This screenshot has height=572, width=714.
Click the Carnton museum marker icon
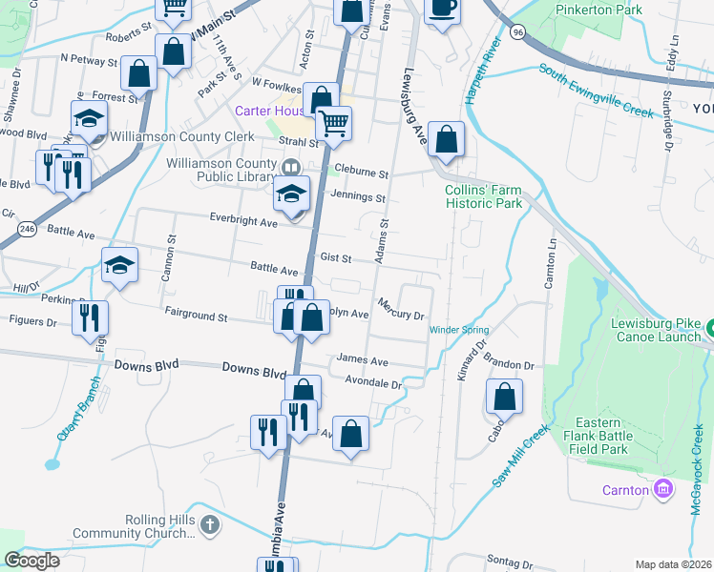663,490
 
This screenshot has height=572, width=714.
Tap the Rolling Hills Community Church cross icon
210,524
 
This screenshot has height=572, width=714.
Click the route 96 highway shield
517,31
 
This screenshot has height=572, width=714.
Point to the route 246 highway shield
27,230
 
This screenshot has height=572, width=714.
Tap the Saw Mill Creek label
521,457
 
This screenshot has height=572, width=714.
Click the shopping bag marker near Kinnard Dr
505,396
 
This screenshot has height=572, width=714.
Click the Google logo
32,561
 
